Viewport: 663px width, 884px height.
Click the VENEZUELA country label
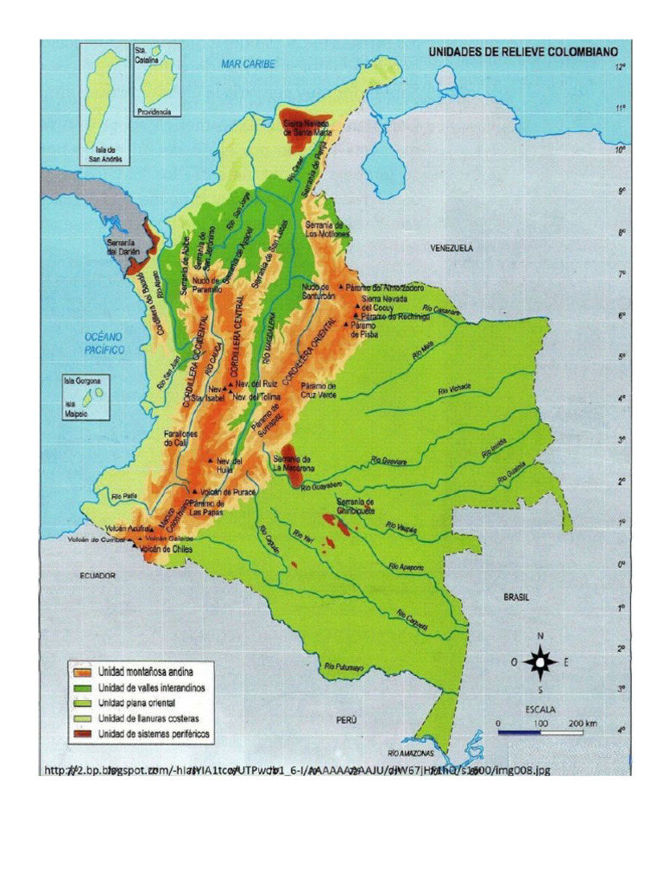[453, 247]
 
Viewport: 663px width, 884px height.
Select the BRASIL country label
[516, 597]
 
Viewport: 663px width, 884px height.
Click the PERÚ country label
[348, 717]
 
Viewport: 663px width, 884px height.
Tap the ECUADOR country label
[98, 574]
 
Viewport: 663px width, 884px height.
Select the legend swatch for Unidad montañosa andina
[84, 671]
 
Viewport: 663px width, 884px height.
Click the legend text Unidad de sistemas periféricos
[154, 734]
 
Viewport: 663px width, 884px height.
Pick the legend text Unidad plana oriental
[138, 702]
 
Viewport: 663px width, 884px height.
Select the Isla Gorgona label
[83, 380]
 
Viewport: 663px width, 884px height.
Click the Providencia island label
[156, 111]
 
